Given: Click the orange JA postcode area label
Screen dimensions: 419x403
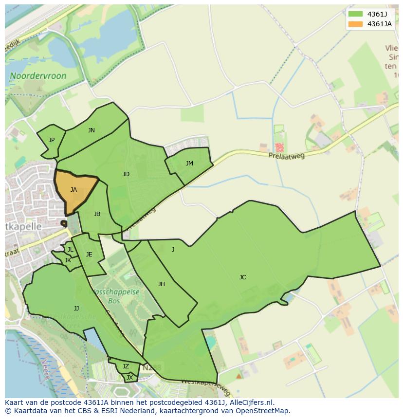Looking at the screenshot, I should tap(73, 190).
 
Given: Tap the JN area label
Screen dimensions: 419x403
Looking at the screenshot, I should tap(92, 130).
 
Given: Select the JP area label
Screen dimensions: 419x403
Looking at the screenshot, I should tap(52, 140).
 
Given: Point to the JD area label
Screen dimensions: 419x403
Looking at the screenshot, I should tap(126, 174).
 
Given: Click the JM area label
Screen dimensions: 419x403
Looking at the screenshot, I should tap(189, 164).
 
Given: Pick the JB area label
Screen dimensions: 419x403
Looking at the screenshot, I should tap(97, 214).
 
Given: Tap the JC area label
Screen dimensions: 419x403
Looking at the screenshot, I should tap(242, 277).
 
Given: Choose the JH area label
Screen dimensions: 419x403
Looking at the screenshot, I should tap(161, 284).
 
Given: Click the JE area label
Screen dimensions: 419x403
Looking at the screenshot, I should tap(89, 255).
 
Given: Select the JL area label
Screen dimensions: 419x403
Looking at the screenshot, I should tap(70, 250).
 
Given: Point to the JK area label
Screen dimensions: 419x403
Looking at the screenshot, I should tap(68, 260).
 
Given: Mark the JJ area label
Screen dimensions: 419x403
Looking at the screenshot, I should tap(76, 309).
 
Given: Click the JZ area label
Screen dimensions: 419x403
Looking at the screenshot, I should tap(126, 366).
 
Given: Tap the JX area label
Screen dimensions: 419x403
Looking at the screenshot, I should tap(129, 378).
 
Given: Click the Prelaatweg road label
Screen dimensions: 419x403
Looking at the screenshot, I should tap(287, 156).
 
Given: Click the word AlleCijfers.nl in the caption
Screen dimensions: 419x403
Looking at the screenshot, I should tap(249, 402).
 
